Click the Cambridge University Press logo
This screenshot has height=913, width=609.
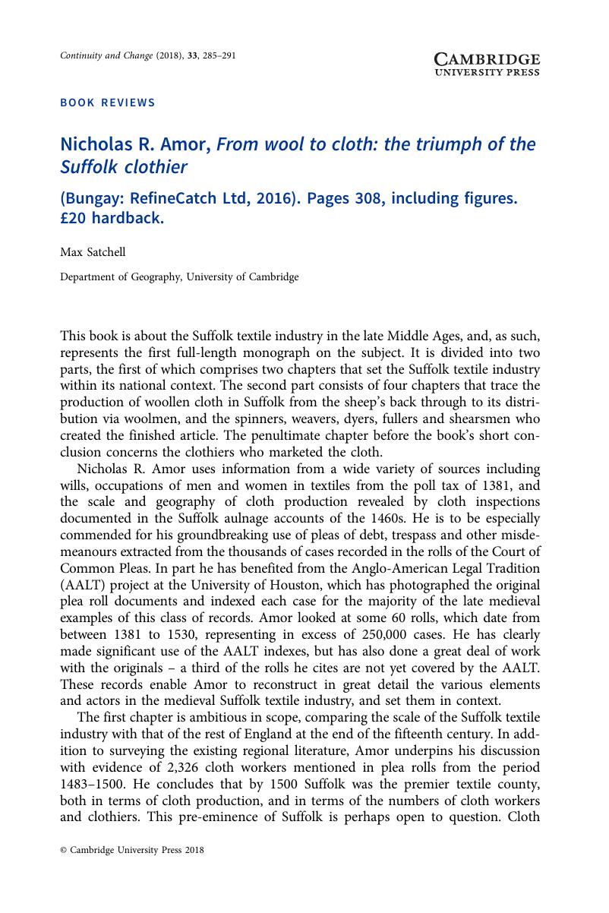pos(487,65)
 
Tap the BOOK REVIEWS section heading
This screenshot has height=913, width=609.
pos(107,103)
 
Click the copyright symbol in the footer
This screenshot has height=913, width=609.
pos(63,872)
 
